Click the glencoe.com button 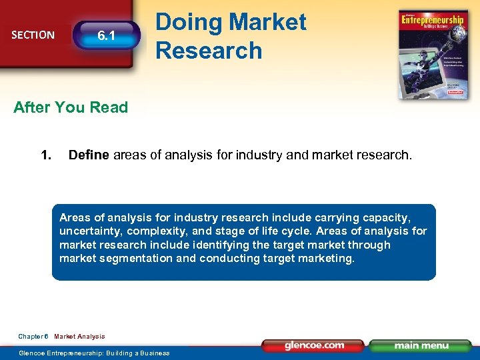click(313, 345)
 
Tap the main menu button click(420, 345)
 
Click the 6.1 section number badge click(107, 35)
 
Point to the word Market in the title click(267, 22)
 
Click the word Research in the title click(209, 50)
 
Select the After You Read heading click(71, 107)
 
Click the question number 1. click(46, 156)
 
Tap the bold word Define click(89, 156)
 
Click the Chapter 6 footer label click(33, 337)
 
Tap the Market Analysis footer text click(79, 337)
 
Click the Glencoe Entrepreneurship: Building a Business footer click(94, 353)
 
